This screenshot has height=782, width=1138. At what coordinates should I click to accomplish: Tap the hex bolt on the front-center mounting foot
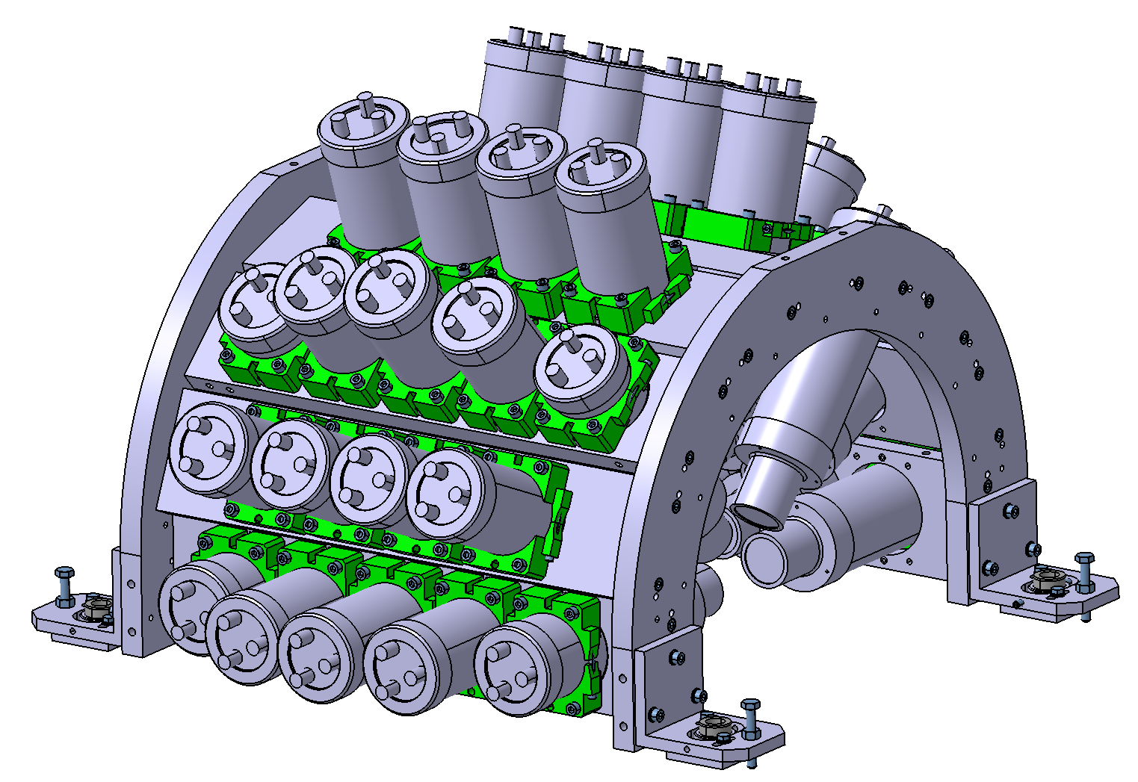point(750,718)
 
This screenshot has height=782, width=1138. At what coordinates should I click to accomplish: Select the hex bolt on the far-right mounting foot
point(1084,571)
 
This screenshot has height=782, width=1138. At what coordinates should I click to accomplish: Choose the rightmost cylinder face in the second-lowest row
point(445,494)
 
